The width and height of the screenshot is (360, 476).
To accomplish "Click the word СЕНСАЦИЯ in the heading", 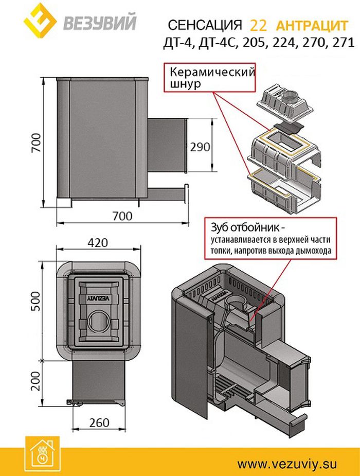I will pyautogui.click(x=205, y=26).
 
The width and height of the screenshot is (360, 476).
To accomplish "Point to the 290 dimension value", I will pyautogui.click(x=200, y=147).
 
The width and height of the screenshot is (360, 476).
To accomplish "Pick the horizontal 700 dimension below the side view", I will pyautogui.click(x=121, y=216).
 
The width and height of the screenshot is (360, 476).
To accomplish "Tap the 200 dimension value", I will pyautogui.click(x=34, y=381).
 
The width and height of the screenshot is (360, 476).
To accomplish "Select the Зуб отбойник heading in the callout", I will pyautogui.click(x=246, y=227).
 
